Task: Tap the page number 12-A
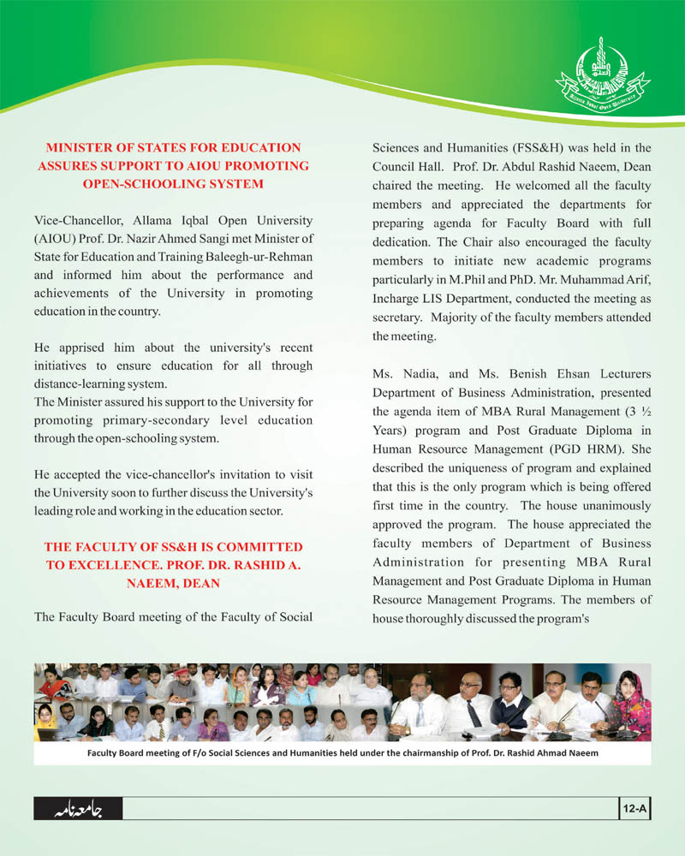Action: click(x=634, y=807)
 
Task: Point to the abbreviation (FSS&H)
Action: click(x=524, y=148)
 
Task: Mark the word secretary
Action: click(x=397, y=318)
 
